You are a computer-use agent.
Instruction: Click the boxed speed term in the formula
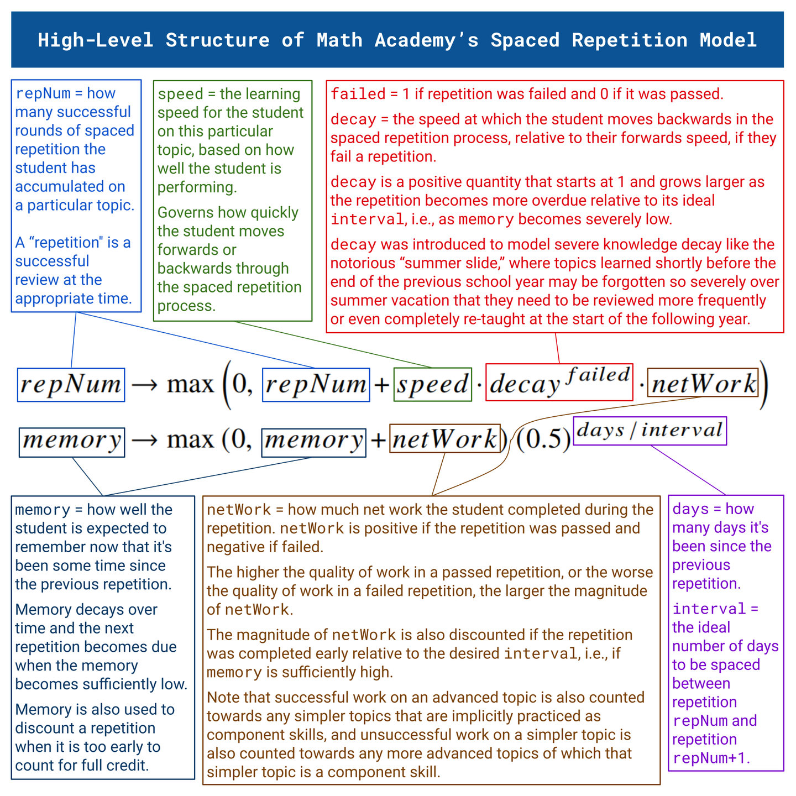pos(432,384)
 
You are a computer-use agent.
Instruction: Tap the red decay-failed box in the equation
pos(559,382)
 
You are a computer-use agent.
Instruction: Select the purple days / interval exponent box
pos(650,431)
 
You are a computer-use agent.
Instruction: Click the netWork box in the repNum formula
pos(703,383)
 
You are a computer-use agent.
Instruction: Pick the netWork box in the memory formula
pos(444,439)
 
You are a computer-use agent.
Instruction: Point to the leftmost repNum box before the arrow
pos(71,384)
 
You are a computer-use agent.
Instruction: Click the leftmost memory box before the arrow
pos(72,442)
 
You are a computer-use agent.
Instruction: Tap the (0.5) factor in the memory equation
pos(544,440)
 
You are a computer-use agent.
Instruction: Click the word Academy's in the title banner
pos(426,40)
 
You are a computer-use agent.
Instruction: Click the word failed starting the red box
pos(358,94)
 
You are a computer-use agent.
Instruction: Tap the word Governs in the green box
pos(182,213)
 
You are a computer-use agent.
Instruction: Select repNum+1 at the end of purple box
pos(709,758)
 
